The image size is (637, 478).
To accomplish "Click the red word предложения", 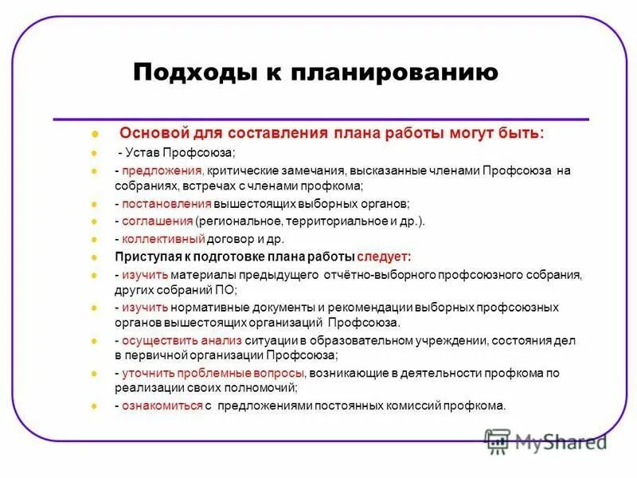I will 162,170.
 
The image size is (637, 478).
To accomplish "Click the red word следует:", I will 384,257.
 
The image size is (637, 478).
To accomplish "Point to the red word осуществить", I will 158,340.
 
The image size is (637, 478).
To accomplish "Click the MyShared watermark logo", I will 545,441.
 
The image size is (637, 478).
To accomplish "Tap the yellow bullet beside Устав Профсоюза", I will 94,153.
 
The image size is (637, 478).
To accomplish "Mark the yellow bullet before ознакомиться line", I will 94,406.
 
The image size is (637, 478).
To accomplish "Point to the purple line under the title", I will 318,119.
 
